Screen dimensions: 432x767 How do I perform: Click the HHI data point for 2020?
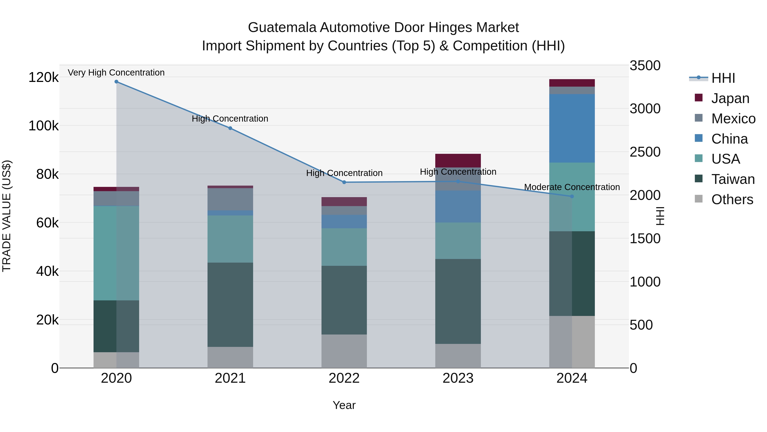tap(116, 82)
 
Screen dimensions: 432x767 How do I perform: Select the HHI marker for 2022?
tap(344, 182)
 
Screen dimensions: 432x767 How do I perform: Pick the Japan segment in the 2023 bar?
tap(458, 160)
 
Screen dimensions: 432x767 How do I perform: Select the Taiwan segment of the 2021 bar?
tap(230, 304)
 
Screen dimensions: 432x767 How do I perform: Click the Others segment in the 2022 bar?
tap(344, 351)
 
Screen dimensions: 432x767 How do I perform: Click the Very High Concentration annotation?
tap(116, 73)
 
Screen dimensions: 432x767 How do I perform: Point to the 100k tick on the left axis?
tap(43, 126)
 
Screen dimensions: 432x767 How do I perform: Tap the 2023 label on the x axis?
tap(458, 378)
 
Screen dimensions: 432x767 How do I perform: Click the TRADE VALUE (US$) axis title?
tap(7, 216)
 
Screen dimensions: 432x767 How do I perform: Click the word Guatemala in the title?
tap(282, 28)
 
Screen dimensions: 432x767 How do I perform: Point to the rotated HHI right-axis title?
tap(660, 216)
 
